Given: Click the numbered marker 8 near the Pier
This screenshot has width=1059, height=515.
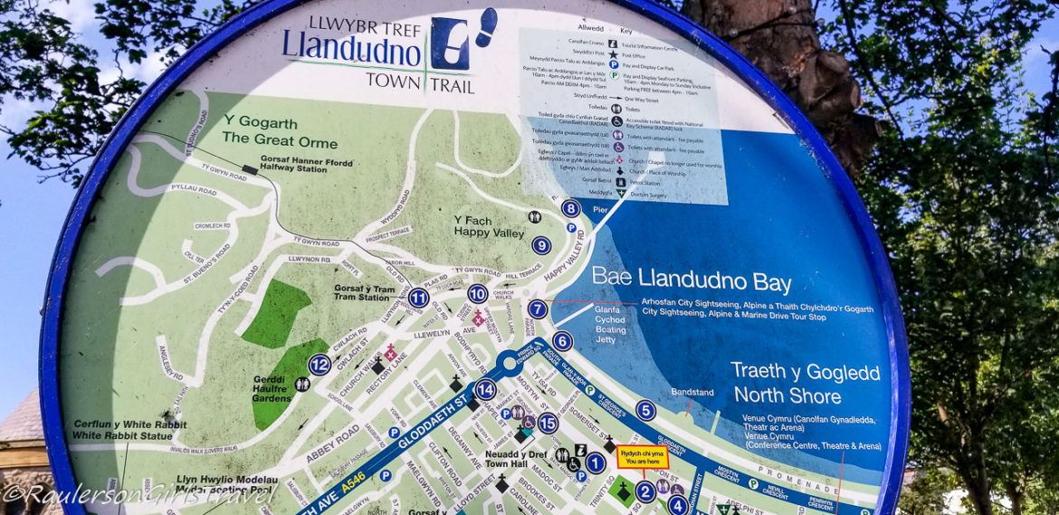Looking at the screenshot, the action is coord(569,209).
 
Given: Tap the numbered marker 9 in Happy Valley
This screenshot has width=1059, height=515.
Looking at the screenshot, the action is coord(541,244).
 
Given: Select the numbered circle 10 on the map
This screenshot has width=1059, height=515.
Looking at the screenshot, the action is coord(478,293).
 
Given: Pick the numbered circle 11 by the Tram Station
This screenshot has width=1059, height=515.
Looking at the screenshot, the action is coord(417,298).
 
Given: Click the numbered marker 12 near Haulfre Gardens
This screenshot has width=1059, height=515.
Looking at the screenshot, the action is coord(319,365).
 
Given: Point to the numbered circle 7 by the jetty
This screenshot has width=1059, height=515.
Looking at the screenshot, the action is coord(538,310).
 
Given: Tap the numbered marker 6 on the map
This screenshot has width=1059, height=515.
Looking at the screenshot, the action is coord(562,341).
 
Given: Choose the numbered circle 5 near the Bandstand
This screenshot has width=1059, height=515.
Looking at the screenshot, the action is coord(645,410).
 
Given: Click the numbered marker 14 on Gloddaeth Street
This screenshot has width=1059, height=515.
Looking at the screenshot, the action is coord(485,390).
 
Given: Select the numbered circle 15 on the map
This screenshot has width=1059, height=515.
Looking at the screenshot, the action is coord(548,423).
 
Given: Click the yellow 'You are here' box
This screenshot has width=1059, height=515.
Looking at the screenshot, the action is coord(642,457).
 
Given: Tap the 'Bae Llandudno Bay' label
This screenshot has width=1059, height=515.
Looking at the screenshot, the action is coord(692,281).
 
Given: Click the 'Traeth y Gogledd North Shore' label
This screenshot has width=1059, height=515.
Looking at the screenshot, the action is coord(787,383).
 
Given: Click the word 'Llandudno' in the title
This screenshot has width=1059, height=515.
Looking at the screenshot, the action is coord(351,46).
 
